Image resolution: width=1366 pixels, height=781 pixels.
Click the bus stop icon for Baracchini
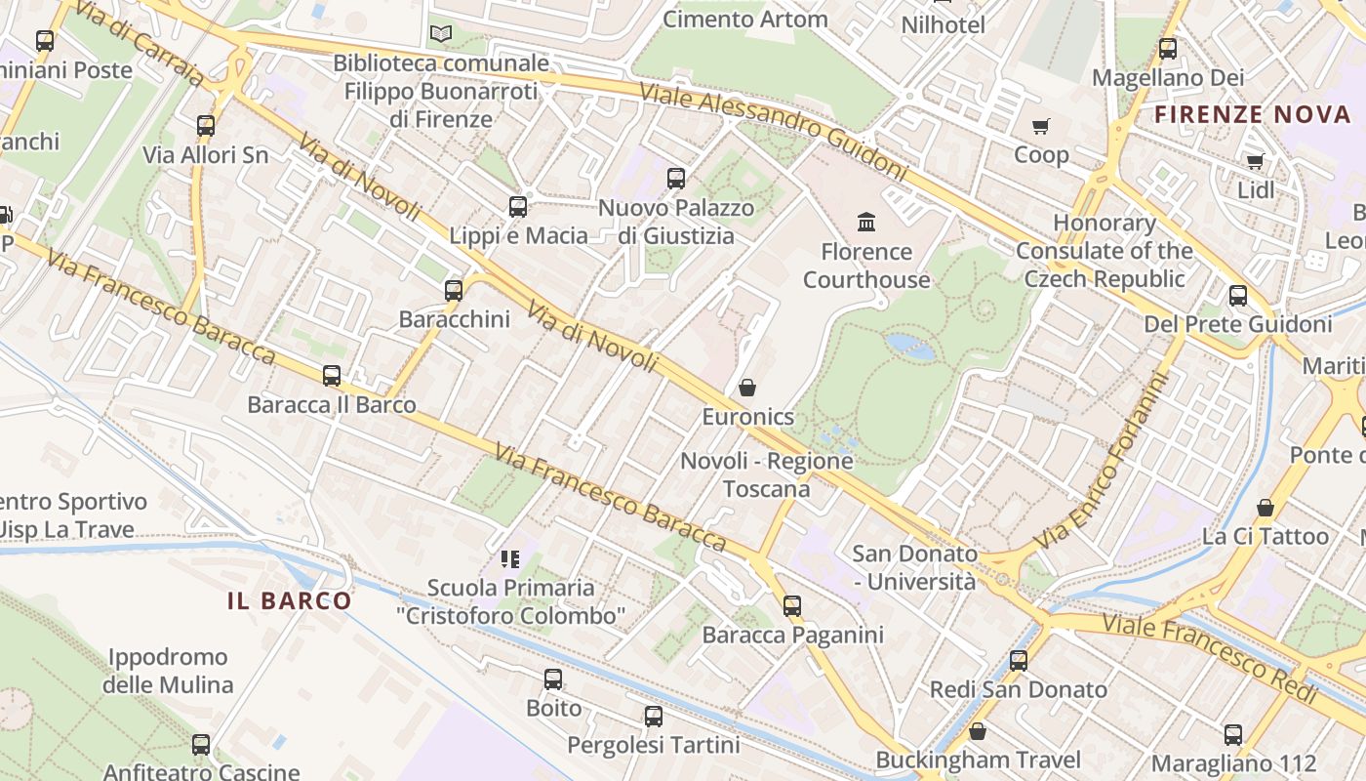(454, 290)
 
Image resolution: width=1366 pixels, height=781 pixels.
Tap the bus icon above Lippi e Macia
(518, 207)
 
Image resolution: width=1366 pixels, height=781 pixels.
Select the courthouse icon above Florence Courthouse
(866, 223)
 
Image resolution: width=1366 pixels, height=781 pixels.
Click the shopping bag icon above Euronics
(747, 388)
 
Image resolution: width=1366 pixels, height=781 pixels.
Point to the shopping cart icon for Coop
(1041, 126)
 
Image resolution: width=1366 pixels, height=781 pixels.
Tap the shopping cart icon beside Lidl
(1255, 161)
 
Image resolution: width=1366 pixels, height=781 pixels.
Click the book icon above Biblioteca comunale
(441, 34)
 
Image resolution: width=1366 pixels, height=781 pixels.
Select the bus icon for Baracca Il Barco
(332, 376)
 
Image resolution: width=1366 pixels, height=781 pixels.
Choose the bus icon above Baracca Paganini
(792, 606)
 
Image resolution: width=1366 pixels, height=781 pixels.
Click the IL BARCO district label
(289, 600)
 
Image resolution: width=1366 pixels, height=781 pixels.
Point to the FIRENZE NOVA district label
(1253, 114)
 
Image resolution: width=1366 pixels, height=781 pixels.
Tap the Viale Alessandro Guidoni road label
(773, 130)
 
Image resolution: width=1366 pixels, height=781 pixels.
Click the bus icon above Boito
(553, 679)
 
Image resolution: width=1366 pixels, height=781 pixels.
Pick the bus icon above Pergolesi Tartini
(654, 717)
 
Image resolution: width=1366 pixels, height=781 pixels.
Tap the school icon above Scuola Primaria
(510, 559)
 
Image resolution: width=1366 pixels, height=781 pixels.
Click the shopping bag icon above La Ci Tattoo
(1266, 508)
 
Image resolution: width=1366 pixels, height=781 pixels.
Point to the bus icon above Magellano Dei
(1168, 48)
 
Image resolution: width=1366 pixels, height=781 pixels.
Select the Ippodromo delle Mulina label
(168, 671)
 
